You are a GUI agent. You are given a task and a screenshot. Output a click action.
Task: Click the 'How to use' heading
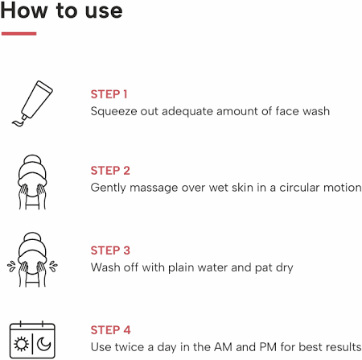(61, 10)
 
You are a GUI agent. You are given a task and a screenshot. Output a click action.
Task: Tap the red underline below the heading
(19, 34)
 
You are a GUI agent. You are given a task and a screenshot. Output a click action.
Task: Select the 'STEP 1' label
(109, 94)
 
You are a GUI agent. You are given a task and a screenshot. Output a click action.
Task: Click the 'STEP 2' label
(110, 171)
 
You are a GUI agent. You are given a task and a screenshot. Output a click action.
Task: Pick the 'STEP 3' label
(110, 250)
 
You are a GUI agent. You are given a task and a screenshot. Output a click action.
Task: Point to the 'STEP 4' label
(110, 330)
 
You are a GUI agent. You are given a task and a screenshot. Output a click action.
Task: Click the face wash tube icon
(32, 103)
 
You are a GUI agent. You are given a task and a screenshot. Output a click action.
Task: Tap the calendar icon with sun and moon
(32, 340)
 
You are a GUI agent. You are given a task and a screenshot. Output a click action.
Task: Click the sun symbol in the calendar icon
(21, 344)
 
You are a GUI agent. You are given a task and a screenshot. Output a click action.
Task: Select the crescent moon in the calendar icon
(43, 344)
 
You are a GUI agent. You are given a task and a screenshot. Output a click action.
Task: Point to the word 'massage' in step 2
(154, 188)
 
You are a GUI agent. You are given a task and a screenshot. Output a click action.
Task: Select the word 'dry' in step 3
(284, 268)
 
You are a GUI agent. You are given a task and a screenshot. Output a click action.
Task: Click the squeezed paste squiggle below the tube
(19, 122)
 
